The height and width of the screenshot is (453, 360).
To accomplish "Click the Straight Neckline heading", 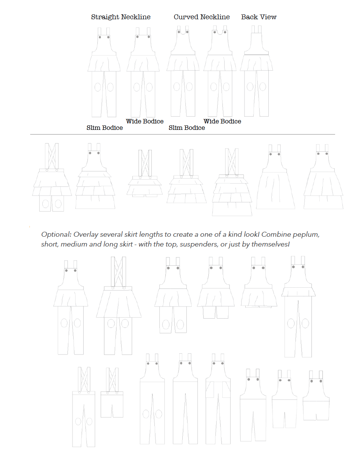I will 121,17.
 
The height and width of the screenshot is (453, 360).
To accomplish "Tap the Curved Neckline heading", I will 202,17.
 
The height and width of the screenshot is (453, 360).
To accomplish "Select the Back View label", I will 259,17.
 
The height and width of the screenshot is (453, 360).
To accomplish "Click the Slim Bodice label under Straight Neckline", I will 105,128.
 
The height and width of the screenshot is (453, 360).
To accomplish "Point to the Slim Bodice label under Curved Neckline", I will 187,128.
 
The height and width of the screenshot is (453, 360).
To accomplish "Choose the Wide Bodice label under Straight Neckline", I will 145,122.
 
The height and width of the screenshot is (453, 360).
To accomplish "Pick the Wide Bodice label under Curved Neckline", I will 222,122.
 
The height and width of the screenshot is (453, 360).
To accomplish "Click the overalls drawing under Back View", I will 257,72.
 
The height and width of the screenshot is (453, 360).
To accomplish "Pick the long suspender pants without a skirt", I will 83,408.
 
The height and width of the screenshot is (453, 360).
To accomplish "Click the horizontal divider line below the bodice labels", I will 182,134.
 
